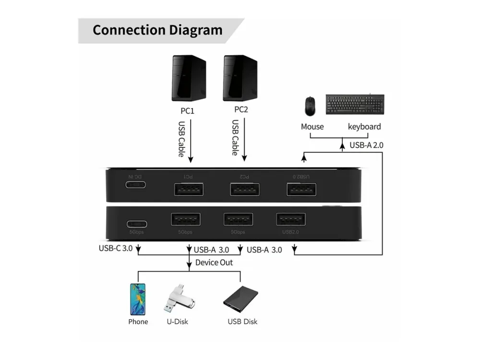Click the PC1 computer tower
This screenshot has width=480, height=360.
tap(189, 78)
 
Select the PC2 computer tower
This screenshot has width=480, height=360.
tap(240, 78)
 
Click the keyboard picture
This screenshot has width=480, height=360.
tap(355, 104)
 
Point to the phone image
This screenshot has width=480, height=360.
tap(138, 299)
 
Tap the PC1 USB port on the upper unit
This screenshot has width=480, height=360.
tap(189, 190)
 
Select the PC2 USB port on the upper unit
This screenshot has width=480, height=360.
tap(245, 190)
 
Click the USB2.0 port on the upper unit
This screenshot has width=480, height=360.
tap(301, 190)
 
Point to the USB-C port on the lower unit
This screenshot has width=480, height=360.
tap(137, 224)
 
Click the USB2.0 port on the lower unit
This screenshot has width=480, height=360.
tap(291, 219)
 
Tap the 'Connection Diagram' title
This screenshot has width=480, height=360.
tap(157, 30)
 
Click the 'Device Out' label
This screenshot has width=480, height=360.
tap(214, 263)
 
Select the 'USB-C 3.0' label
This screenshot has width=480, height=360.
tap(115, 249)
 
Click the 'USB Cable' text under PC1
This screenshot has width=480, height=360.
tap(182, 139)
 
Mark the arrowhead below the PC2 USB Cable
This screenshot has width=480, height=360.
tap(245, 159)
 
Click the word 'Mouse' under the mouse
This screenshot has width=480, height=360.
tap(312, 127)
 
